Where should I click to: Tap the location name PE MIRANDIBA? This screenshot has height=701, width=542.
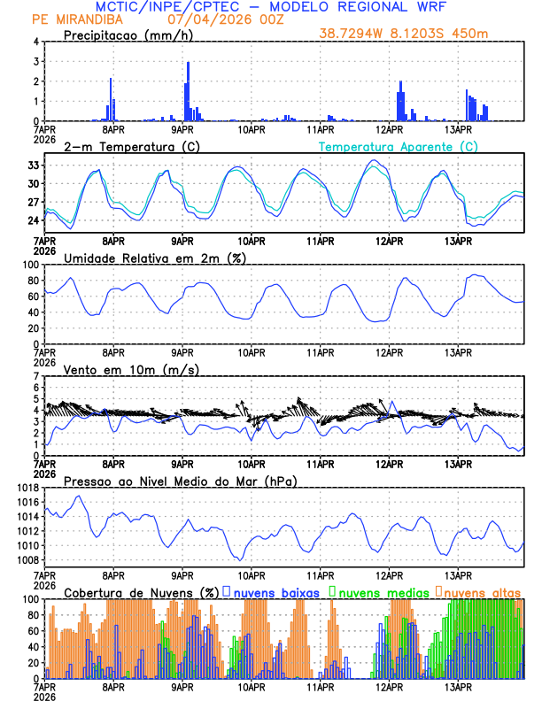(x=71, y=19)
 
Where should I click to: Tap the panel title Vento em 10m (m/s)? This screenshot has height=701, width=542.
(x=131, y=369)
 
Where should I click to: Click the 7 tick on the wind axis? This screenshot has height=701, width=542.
(x=37, y=376)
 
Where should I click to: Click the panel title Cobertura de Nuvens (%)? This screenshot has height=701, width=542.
(x=142, y=592)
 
